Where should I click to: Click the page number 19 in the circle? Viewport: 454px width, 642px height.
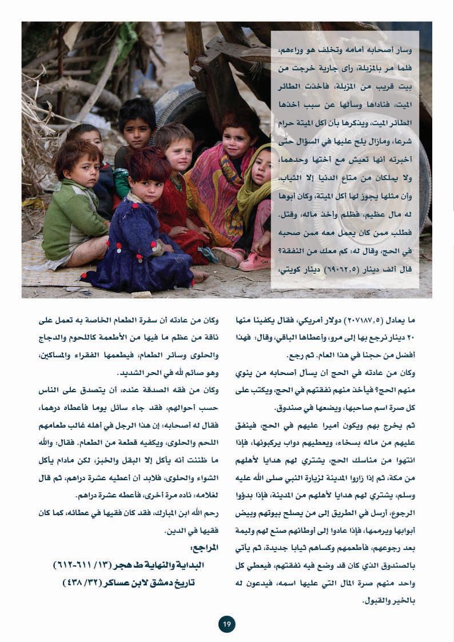pyautogui.click(x=226, y=624)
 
